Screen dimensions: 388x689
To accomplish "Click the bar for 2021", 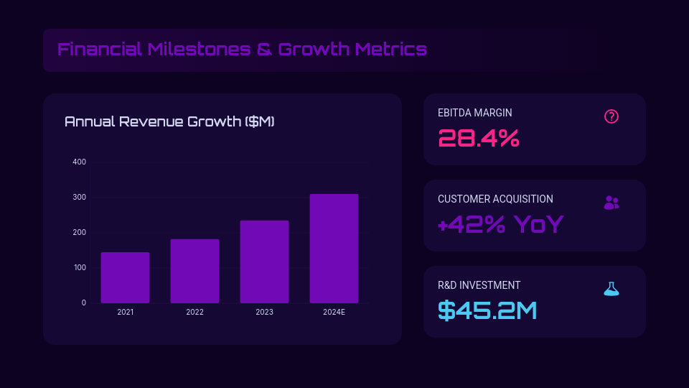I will (x=125, y=277).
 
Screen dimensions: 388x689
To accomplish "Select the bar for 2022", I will (x=194, y=271).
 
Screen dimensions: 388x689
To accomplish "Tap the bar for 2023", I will (x=264, y=262).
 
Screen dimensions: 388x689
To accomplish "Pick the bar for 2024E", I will (x=334, y=248).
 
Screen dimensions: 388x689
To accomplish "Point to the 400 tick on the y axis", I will (x=79, y=162).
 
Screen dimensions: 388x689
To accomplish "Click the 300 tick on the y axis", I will (x=79, y=197).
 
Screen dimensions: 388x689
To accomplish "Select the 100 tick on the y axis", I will (x=79, y=267).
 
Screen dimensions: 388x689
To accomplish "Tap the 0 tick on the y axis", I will (x=83, y=302).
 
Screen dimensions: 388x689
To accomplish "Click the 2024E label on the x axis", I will (x=334, y=312).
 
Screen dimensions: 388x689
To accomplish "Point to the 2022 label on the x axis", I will (x=194, y=312).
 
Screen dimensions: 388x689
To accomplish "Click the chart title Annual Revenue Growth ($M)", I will (x=169, y=121).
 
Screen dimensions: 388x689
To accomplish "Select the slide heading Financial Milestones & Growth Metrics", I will (x=242, y=50).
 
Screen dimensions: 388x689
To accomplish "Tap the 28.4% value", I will (x=478, y=138).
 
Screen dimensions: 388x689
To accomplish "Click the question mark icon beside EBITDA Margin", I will (x=611, y=116).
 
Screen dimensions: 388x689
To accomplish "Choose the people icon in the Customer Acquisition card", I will (x=611, y=203).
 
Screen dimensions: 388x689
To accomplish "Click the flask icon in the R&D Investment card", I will (x=611, y=289).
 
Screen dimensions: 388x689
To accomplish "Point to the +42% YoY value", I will (x=500, y=224).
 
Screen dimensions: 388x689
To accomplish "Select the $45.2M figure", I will (x=487, y=310).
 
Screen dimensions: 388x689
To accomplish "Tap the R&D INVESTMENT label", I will (x=479, y=285).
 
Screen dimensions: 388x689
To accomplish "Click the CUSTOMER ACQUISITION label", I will (x=495, y=199).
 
